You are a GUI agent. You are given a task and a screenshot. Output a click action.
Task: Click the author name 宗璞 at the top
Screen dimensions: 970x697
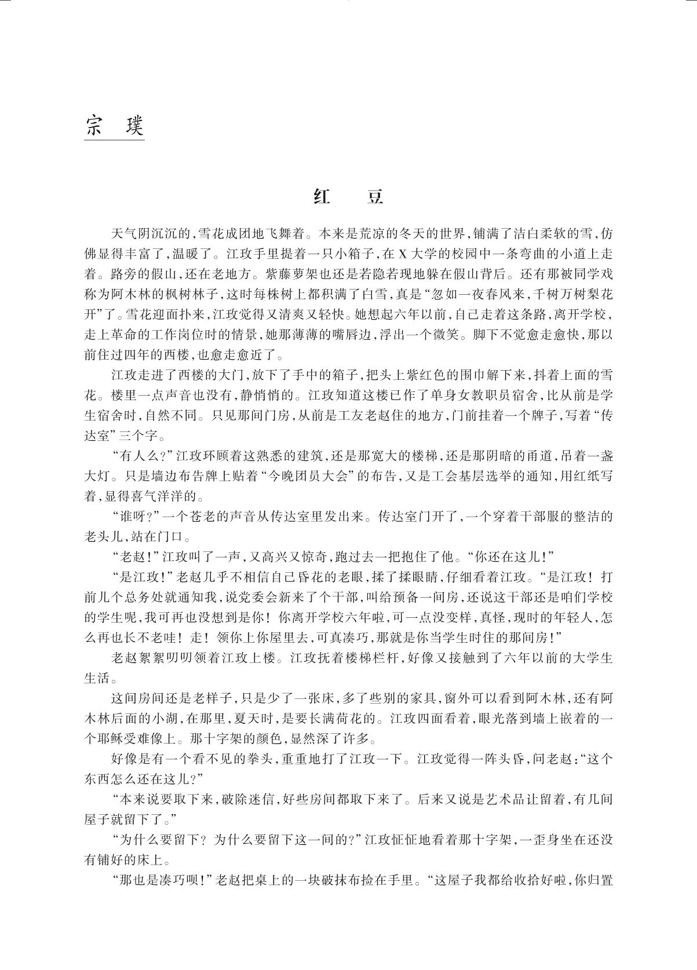(x=114, y=126)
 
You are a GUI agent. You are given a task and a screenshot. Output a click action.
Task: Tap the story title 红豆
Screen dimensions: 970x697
(x=348, y=197)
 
